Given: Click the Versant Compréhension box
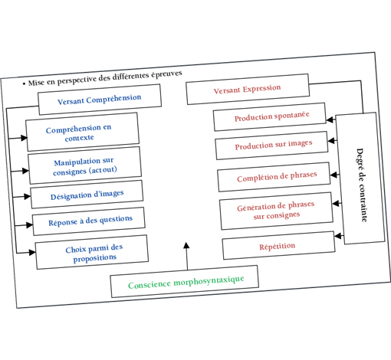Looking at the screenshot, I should click(x=99, y=99).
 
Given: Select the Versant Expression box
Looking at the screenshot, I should click(x=247, y=89).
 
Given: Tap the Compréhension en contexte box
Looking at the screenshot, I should click(x=81, y=133).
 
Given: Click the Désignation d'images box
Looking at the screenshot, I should click(x=87, y=195).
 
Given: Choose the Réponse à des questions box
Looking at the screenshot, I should click(x=89, y=221).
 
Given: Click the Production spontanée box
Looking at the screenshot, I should click(x=272, y=116).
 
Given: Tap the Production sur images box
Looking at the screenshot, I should click(x=274, y=145).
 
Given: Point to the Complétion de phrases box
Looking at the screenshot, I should click(x=276, y=176).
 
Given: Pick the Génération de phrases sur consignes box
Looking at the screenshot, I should click(x=276, y=211).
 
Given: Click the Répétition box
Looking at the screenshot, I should click(x=278, y=246).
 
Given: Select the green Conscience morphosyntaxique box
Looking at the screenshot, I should click(x=185, y=282).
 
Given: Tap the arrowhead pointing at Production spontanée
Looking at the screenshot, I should click(x=330, y=119).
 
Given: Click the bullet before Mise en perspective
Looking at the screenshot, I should click(x=24, y=82).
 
